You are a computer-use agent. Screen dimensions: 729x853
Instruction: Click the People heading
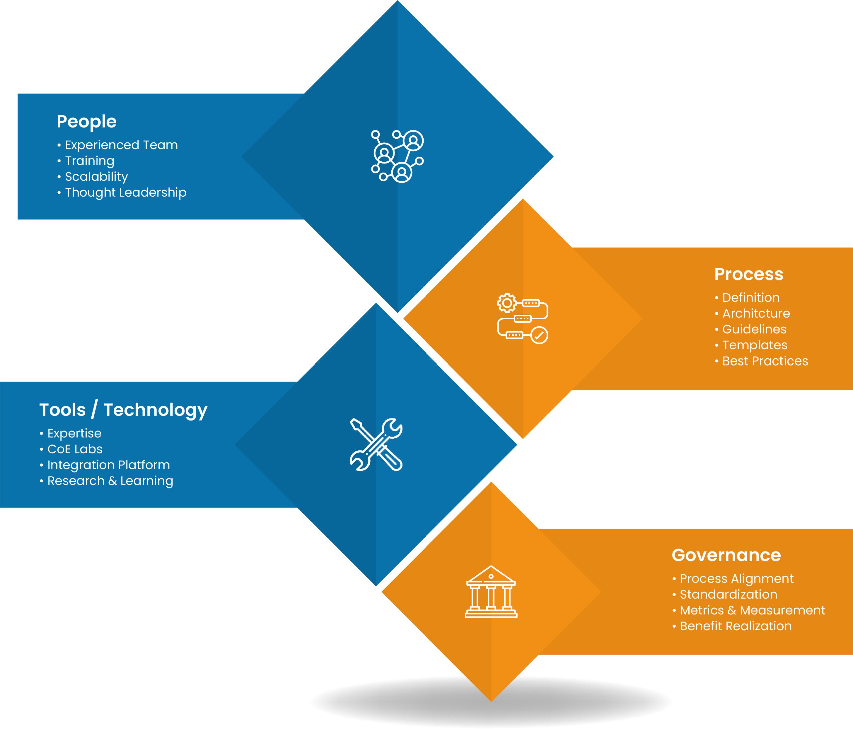point(86,122)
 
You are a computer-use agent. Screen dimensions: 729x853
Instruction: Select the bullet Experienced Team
point(121,145)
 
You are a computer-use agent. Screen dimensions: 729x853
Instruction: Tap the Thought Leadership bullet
point(125,192)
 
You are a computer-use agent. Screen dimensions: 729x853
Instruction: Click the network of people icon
point(397,157)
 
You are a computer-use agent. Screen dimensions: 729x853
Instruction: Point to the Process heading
point(748,274)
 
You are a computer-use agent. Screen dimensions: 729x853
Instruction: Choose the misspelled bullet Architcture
point(756,313)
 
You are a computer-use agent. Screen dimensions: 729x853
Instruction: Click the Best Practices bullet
point(765,361)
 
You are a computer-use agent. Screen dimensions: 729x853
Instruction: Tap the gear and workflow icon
point(523,318)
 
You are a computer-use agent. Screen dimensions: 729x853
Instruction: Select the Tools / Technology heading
point(123,410)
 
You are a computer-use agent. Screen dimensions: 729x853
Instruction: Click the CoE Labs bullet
point(75,449)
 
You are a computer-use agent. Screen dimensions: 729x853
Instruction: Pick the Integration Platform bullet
point(108,465)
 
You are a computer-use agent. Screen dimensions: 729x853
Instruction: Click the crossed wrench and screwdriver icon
point(376,445)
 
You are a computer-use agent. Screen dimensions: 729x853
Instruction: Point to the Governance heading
point(726,555)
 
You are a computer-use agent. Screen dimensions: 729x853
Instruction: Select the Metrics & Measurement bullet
point(752,610)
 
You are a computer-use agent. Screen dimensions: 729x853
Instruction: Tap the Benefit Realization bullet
point(735,626)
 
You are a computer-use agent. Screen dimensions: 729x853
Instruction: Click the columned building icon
point(491,592)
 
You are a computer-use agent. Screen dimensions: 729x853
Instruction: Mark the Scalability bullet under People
point(96,177)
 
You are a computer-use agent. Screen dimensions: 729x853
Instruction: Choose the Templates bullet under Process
point(755,345)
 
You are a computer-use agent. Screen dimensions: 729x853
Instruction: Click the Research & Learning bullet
point(110,481)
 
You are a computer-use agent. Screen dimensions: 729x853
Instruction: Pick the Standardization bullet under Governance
point(728,594)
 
